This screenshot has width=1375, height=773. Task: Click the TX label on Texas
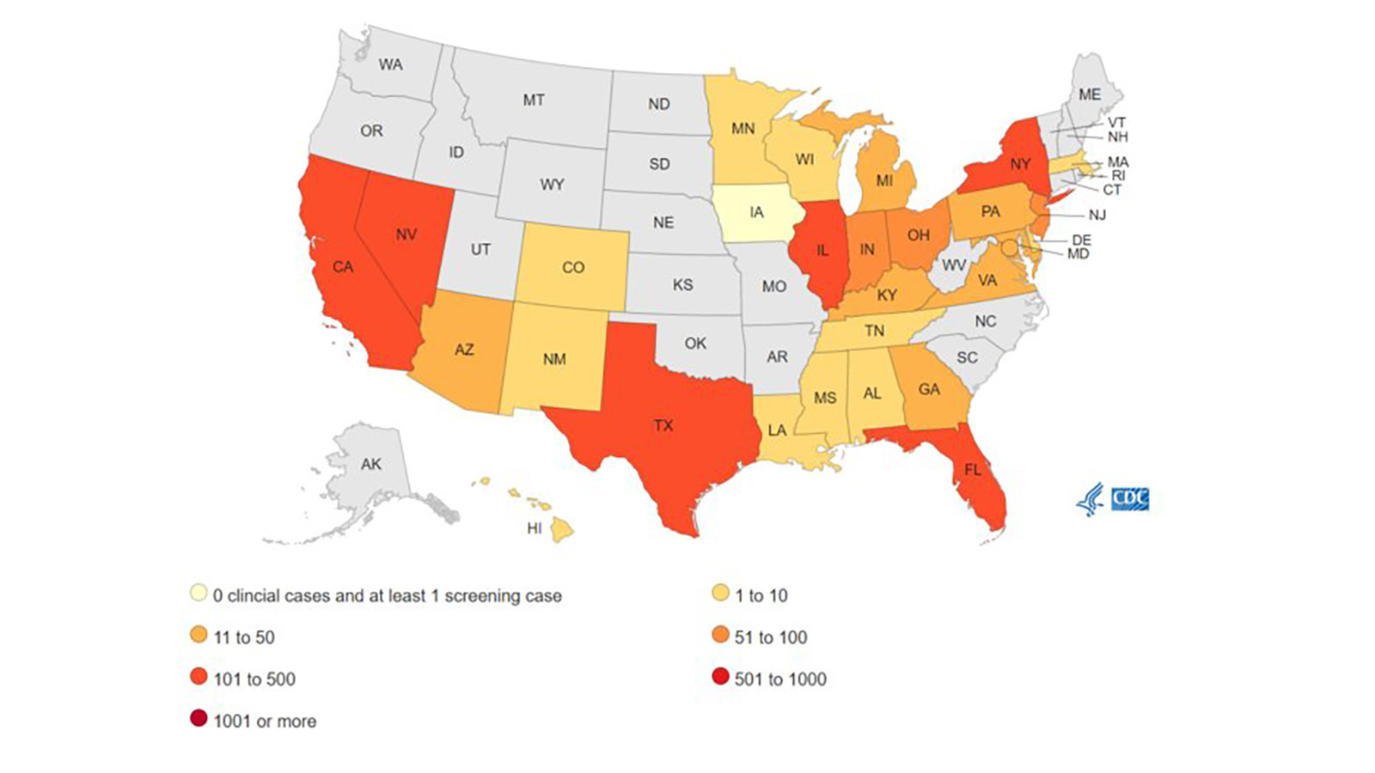(x=663, y=425)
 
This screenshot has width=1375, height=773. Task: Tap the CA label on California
(x=343, y=267)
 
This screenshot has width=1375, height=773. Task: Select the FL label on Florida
(x=972, y=470)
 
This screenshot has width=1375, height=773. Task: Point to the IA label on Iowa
(x=756, y=212)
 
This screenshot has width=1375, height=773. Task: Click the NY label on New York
(x=1020, y=163)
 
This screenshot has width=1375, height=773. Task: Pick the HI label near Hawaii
(x=535, y=528)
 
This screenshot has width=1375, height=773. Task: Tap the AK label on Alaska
(x=371, y=464)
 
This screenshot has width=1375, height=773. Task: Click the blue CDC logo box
(x=1130, y=499)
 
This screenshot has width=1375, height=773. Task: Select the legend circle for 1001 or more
(x=199, y=720)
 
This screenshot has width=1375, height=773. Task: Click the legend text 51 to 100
(x=770, y=637)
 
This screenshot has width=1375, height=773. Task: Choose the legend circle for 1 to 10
(x=720, y=594)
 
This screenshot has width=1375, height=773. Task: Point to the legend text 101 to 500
(x=254, y=679)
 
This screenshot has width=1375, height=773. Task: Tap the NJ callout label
(x=1097, y=216)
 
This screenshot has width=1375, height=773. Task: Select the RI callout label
(x=1118, y=175)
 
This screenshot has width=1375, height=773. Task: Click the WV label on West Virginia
(x=954, y=265)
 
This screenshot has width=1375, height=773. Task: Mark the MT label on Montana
(x=534, y=100)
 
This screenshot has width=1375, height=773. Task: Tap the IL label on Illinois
(x=822, y=250)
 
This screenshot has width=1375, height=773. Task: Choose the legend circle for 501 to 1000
(x=720, y=678)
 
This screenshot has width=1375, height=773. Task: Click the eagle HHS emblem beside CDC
(x=1091, y=499)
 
